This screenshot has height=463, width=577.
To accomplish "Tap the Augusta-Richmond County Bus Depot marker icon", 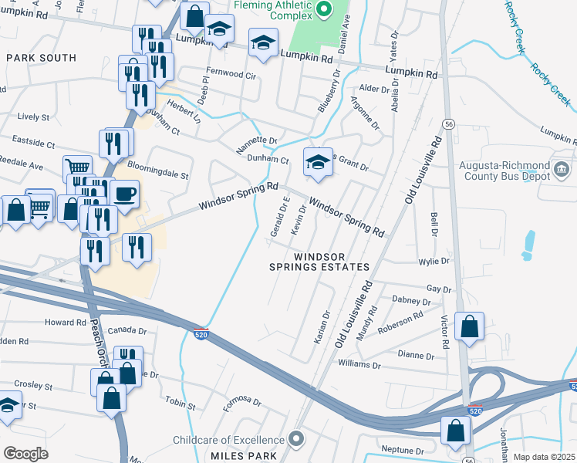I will coord(561,168).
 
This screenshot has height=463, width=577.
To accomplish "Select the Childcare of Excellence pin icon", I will coord(298,440).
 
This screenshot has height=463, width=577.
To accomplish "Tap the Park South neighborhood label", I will coord(42,58).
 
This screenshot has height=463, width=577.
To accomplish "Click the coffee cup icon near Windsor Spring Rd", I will coord(124,193).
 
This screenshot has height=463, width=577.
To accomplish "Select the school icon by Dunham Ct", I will coord(317,161).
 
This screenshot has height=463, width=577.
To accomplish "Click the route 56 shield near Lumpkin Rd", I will coord(447,124).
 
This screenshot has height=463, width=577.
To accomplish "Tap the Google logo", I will coord(25,454).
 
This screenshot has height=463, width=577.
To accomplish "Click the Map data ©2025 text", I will coord(543,457).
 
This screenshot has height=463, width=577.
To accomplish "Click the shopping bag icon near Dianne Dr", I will coord(469,326).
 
